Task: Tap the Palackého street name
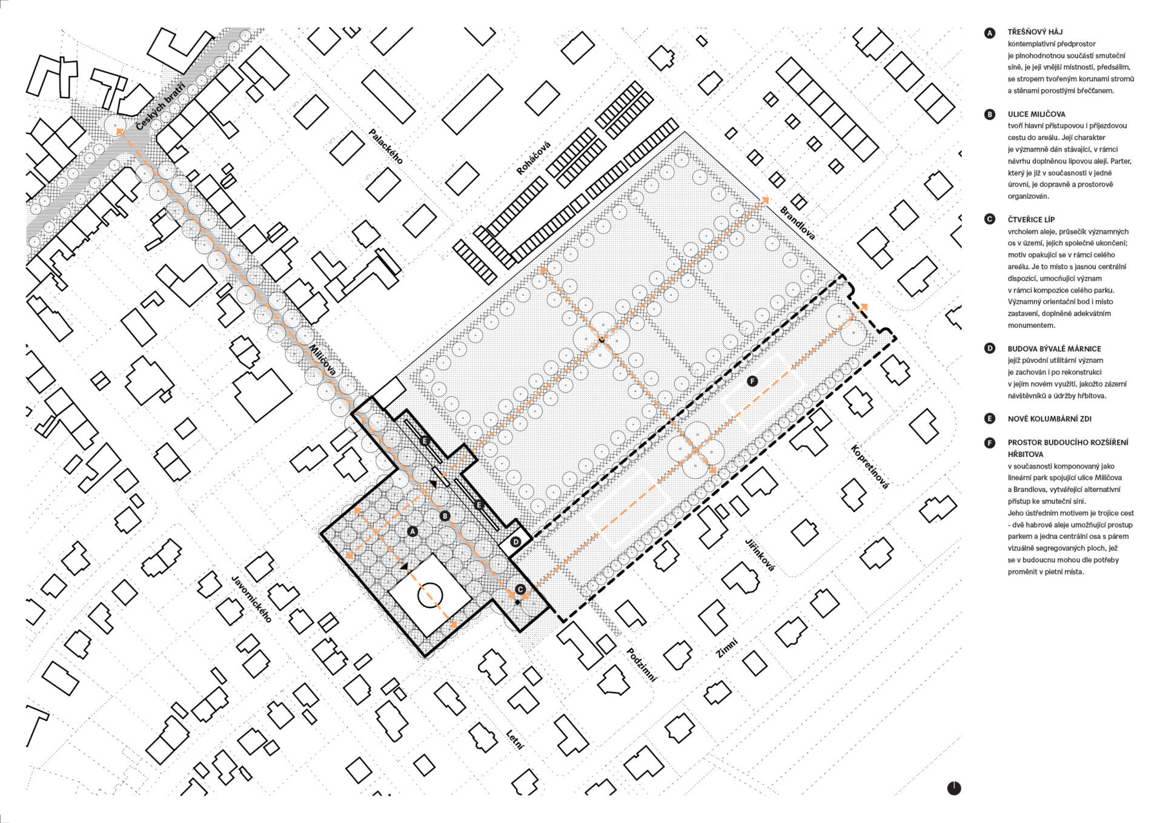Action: click(x=386, y=146)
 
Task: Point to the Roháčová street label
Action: click(x=534, y=158)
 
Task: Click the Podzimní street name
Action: click(x=641, y=665)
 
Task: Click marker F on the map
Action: click(x=752, y=381)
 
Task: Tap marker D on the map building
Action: click(x=515, y=542)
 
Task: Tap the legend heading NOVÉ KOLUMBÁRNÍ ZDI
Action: click(x=1050, y=419)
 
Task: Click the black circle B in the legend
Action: click(x=990, y=114)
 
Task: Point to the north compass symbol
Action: click(x=954, y=788)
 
